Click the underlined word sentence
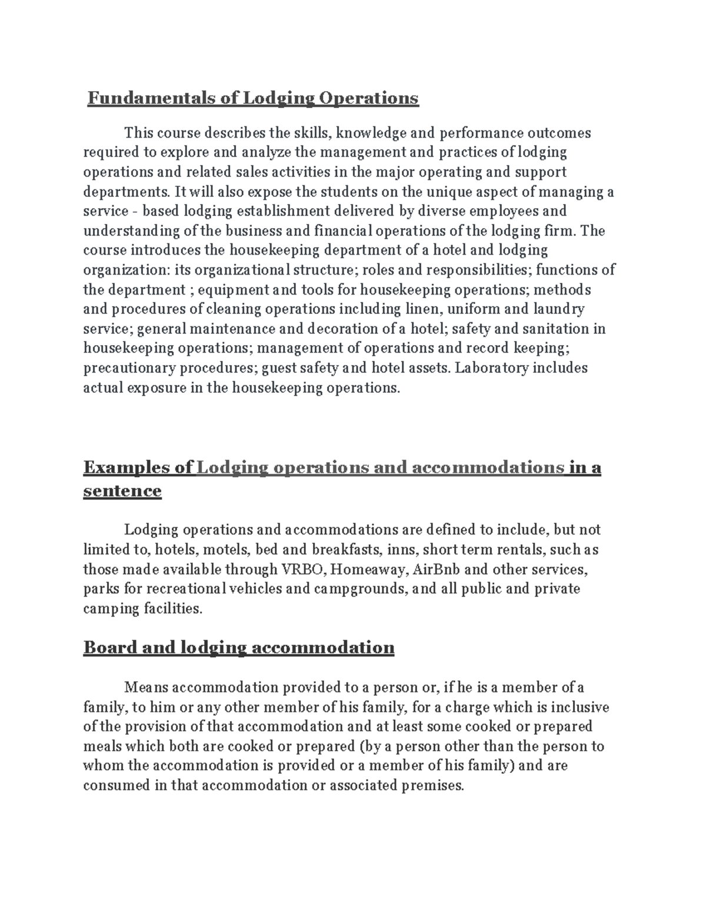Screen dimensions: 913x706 122,491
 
